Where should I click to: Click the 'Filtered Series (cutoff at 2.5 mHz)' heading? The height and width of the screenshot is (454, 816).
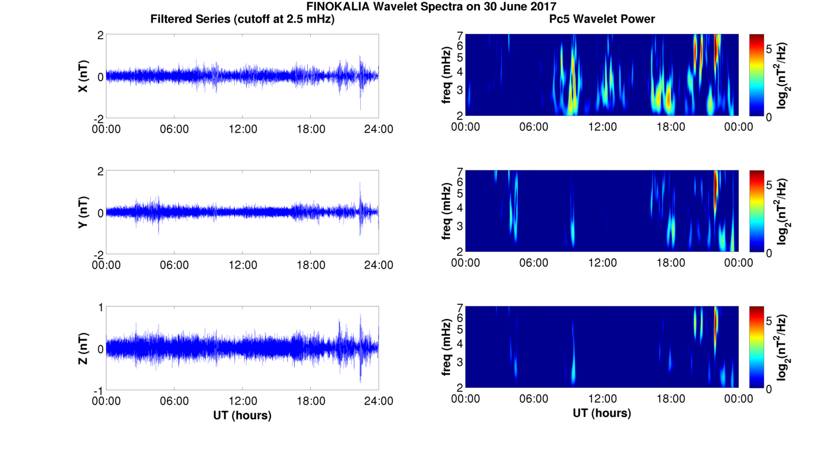(x=242, y=19)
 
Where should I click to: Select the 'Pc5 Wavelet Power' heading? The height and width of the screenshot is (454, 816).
(x=602, y=19)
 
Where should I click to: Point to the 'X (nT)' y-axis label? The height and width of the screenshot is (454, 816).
(x=83, y=76)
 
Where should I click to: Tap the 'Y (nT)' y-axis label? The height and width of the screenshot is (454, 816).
(x=83, y=212)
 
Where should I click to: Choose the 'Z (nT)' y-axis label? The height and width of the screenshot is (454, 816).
(x=83, y=349)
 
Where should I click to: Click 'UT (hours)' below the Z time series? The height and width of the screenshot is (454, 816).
(x=242, y=415)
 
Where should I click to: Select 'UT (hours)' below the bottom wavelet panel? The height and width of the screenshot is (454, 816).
(x=602, y=413)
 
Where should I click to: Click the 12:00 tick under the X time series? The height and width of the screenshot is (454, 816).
(x=242, y=128)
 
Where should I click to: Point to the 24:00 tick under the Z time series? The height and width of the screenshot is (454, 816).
(x=379, y=401)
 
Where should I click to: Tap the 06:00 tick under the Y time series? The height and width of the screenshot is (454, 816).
(x=174, y=265)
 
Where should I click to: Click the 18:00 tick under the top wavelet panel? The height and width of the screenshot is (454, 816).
(x=670, y=127)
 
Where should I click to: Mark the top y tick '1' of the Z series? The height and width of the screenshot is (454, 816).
(x=100, y=308)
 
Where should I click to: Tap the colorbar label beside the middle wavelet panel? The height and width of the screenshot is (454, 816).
(x=782, y=211)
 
